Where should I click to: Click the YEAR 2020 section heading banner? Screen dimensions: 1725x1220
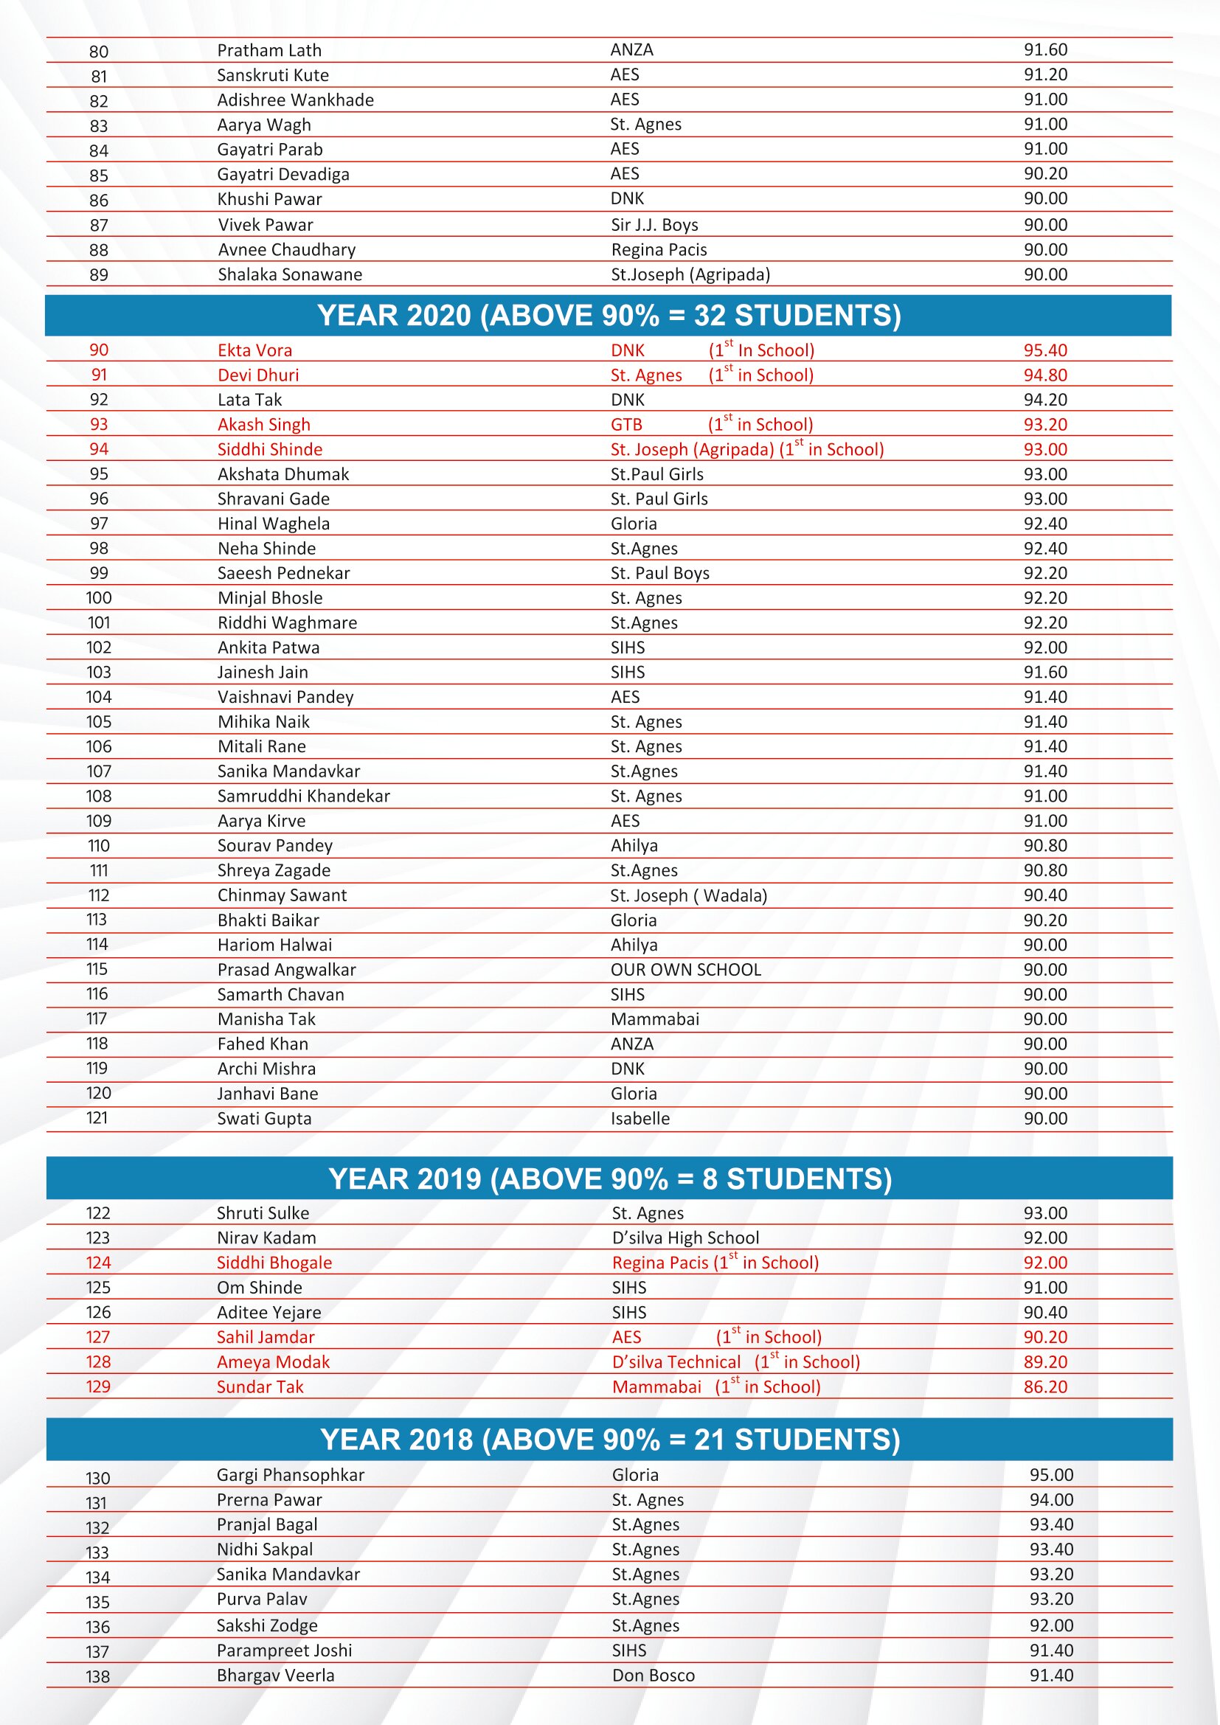[x=609, y=316]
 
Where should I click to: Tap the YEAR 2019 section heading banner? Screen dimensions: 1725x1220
[x=609, y=1179]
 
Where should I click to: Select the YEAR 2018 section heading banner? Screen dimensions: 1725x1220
[x=609, y=1440]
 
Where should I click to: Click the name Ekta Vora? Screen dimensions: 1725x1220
[x=254, y=350]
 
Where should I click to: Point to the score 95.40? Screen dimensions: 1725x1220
[x=1045, y=350]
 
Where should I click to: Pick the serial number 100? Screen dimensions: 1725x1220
[x=98, y=598]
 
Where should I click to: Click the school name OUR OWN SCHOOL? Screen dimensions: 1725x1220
[x=685, y=970]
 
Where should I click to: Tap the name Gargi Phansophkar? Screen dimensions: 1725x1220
[x=290, y=1475]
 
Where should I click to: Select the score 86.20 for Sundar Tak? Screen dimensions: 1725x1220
[x=1045, y=1387]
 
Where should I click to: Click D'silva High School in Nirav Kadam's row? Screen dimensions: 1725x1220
[x=685, y=1238]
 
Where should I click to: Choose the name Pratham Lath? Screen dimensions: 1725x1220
[x=269, y=50]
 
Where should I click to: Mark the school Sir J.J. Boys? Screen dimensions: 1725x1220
[x=654, y=225]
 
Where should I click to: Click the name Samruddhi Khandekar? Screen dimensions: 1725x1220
[x=303, y=796]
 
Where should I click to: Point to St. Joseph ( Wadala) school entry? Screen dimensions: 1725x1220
[x=688, y=895]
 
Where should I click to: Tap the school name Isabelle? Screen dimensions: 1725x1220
[x=640, y=1119]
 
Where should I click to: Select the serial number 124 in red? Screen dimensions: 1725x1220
[x=98, y=1263]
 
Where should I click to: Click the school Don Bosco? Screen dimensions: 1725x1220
[x=653, y=1675]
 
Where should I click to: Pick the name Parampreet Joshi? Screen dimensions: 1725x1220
[x=284, y=1650]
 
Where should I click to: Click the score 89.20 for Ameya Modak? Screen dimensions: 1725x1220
[x=1045, y=1362]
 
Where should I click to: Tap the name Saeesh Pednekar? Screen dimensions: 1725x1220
[x=283, y=573]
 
